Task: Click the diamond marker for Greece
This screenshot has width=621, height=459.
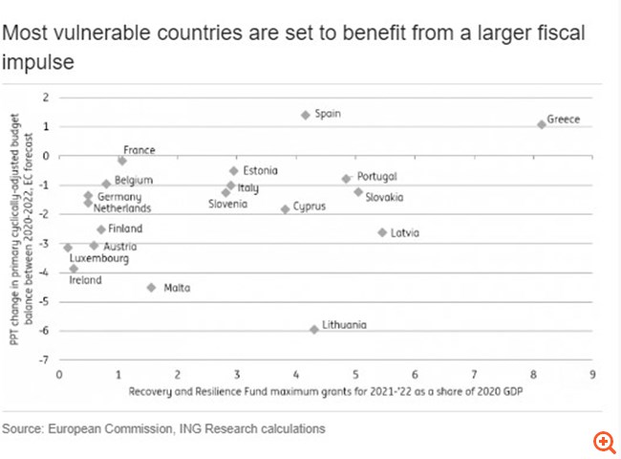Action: pos(542,123)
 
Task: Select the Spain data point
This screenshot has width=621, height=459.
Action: pos(305,115)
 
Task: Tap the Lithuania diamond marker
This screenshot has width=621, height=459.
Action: pos(313,329)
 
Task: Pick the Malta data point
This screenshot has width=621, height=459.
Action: pos(151,287)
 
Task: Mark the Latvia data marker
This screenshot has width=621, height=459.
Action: pos(382,232)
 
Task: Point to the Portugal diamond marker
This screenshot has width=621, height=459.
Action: pos(346,179)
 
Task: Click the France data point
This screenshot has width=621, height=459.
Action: pos(122,161)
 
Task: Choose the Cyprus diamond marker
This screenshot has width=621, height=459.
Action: pos(285,208)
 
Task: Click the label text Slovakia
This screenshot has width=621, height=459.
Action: pos(384,197)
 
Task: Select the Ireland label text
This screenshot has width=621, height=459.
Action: pos(85,280)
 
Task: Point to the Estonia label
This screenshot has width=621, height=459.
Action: pos(260,170)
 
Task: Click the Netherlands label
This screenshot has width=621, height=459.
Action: pos(122,208)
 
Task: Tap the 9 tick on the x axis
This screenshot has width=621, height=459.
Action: pos(592,374)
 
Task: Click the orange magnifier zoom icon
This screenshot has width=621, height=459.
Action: pos(604,441)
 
